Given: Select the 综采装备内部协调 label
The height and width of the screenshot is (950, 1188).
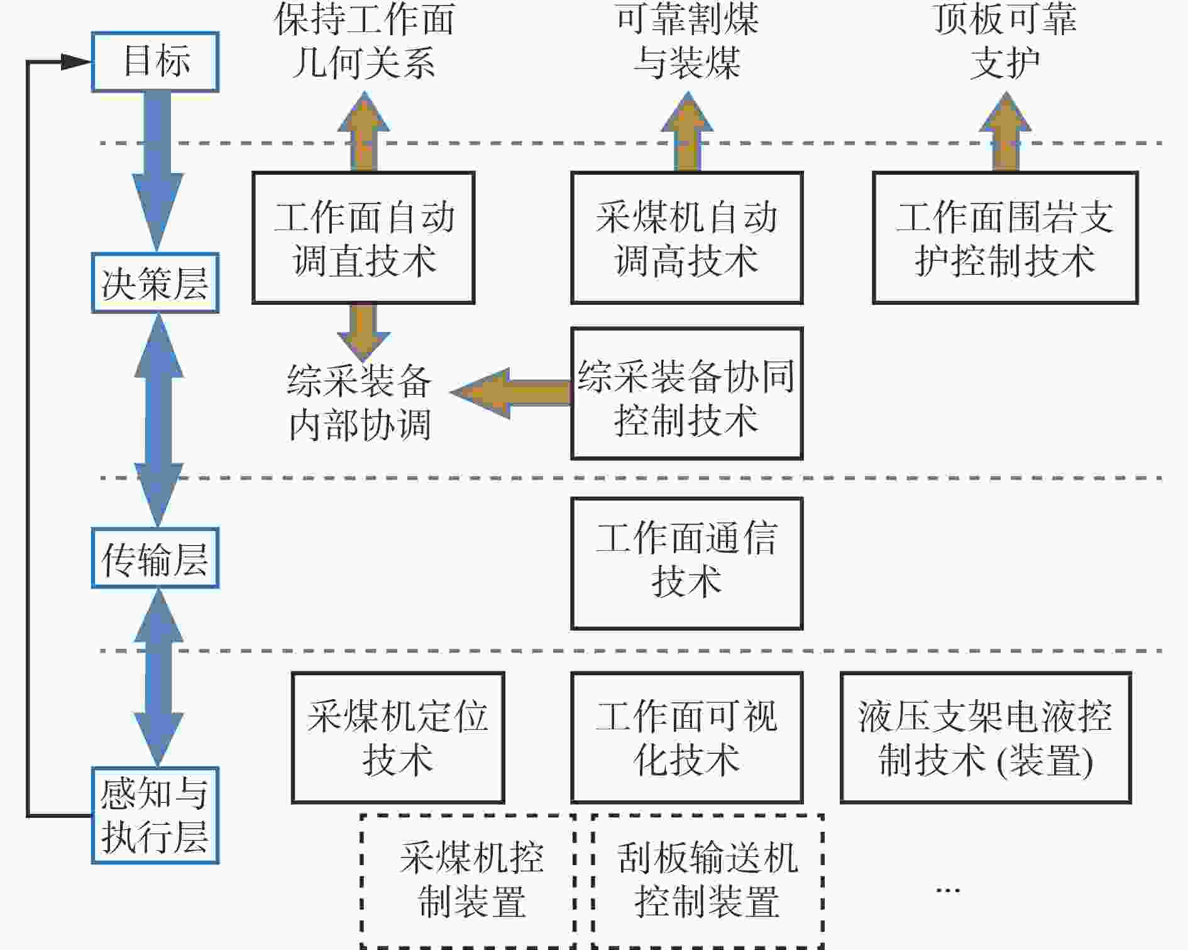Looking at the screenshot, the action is [x=360, y=402].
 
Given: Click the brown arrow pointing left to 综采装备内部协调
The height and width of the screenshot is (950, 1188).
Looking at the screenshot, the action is [x=511, y=393].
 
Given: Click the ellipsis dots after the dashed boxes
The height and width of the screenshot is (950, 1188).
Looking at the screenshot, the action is [x=948, y=890].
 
